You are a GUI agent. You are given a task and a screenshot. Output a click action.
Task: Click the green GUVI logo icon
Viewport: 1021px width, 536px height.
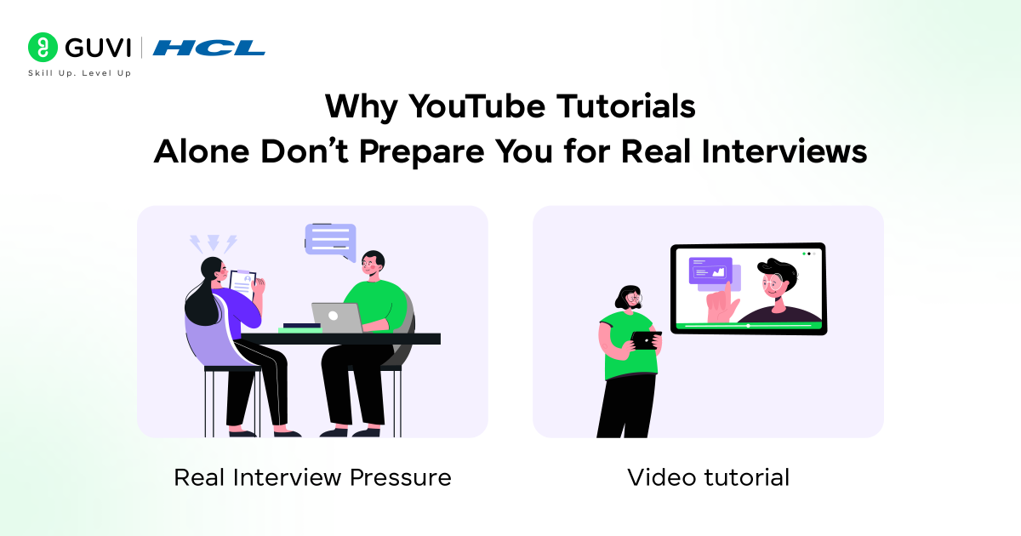pyautogui.click(x=43, y=48)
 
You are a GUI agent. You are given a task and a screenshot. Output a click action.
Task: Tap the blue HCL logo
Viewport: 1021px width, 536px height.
pyautogui.click(x=208, y=48)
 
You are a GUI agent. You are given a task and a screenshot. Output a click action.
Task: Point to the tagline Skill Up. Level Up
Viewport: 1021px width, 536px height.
pyautogui.click(x=80, y=74)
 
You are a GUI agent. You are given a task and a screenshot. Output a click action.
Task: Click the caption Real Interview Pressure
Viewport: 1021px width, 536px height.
pyautogui.click(x=312, y=477)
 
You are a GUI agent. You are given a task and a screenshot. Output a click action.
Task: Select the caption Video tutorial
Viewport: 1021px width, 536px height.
pyautogui.click(x=708, y=477)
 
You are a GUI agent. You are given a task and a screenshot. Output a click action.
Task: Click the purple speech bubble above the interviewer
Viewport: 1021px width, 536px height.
pyautogui.click(x=330, y=240)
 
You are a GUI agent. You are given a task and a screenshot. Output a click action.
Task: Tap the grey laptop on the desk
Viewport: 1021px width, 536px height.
pyautogui.click(x=337, y=317)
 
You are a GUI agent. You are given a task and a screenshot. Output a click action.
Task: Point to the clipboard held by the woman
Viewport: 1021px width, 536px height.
pyautogui.click(x=242, y=285)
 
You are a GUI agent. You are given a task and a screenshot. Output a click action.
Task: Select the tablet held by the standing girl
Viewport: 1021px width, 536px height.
pyautogui.click(x=646, y=340)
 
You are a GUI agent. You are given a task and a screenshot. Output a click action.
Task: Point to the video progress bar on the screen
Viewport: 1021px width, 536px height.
pyautogui.click(x=748, y=325)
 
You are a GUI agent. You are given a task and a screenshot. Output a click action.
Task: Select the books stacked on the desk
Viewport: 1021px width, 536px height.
pyautogui.click(x=301, y=327)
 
